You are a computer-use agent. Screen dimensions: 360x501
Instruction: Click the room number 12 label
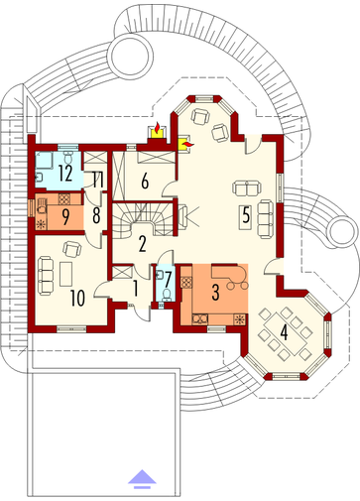[65, 173]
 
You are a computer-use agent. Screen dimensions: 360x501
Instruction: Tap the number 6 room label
[145, 182]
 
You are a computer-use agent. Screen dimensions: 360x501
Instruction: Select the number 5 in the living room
[246, 214]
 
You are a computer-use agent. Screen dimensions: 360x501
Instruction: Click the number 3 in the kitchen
[215, 292]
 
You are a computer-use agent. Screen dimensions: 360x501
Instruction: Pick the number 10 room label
[77, 298]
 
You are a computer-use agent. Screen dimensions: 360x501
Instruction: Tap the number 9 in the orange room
[65, 217]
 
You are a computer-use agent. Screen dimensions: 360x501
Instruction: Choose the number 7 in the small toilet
[168, 280]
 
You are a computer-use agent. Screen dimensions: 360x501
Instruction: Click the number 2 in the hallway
[142, 244]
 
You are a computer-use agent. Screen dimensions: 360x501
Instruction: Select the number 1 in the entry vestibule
[135, 288]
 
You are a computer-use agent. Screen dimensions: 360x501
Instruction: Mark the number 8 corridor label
[96, 215]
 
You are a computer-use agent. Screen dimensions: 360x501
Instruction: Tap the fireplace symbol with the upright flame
[158, 131]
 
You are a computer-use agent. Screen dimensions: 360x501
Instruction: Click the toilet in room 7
[168, 295]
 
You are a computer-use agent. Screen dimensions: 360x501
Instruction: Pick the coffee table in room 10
[65, 274]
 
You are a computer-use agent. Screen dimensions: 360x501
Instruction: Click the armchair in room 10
[72, 249]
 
